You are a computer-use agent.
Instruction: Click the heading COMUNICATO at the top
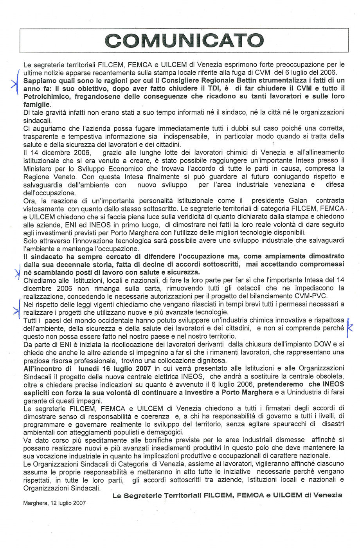pyautogui.click(x=184, y=40)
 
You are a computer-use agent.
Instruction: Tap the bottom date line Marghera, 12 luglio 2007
pyautogui.click(x=54, y=503)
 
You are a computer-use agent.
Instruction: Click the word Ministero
pyautogui.click(x=38, y=168)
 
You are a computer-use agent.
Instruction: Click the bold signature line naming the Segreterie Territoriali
pyautogui.click(x=227, y=495)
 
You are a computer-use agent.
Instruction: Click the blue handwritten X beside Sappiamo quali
pyautogui.click(x=14, y=83)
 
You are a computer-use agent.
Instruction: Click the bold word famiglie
pyautogui.click(x=37, y=105)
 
